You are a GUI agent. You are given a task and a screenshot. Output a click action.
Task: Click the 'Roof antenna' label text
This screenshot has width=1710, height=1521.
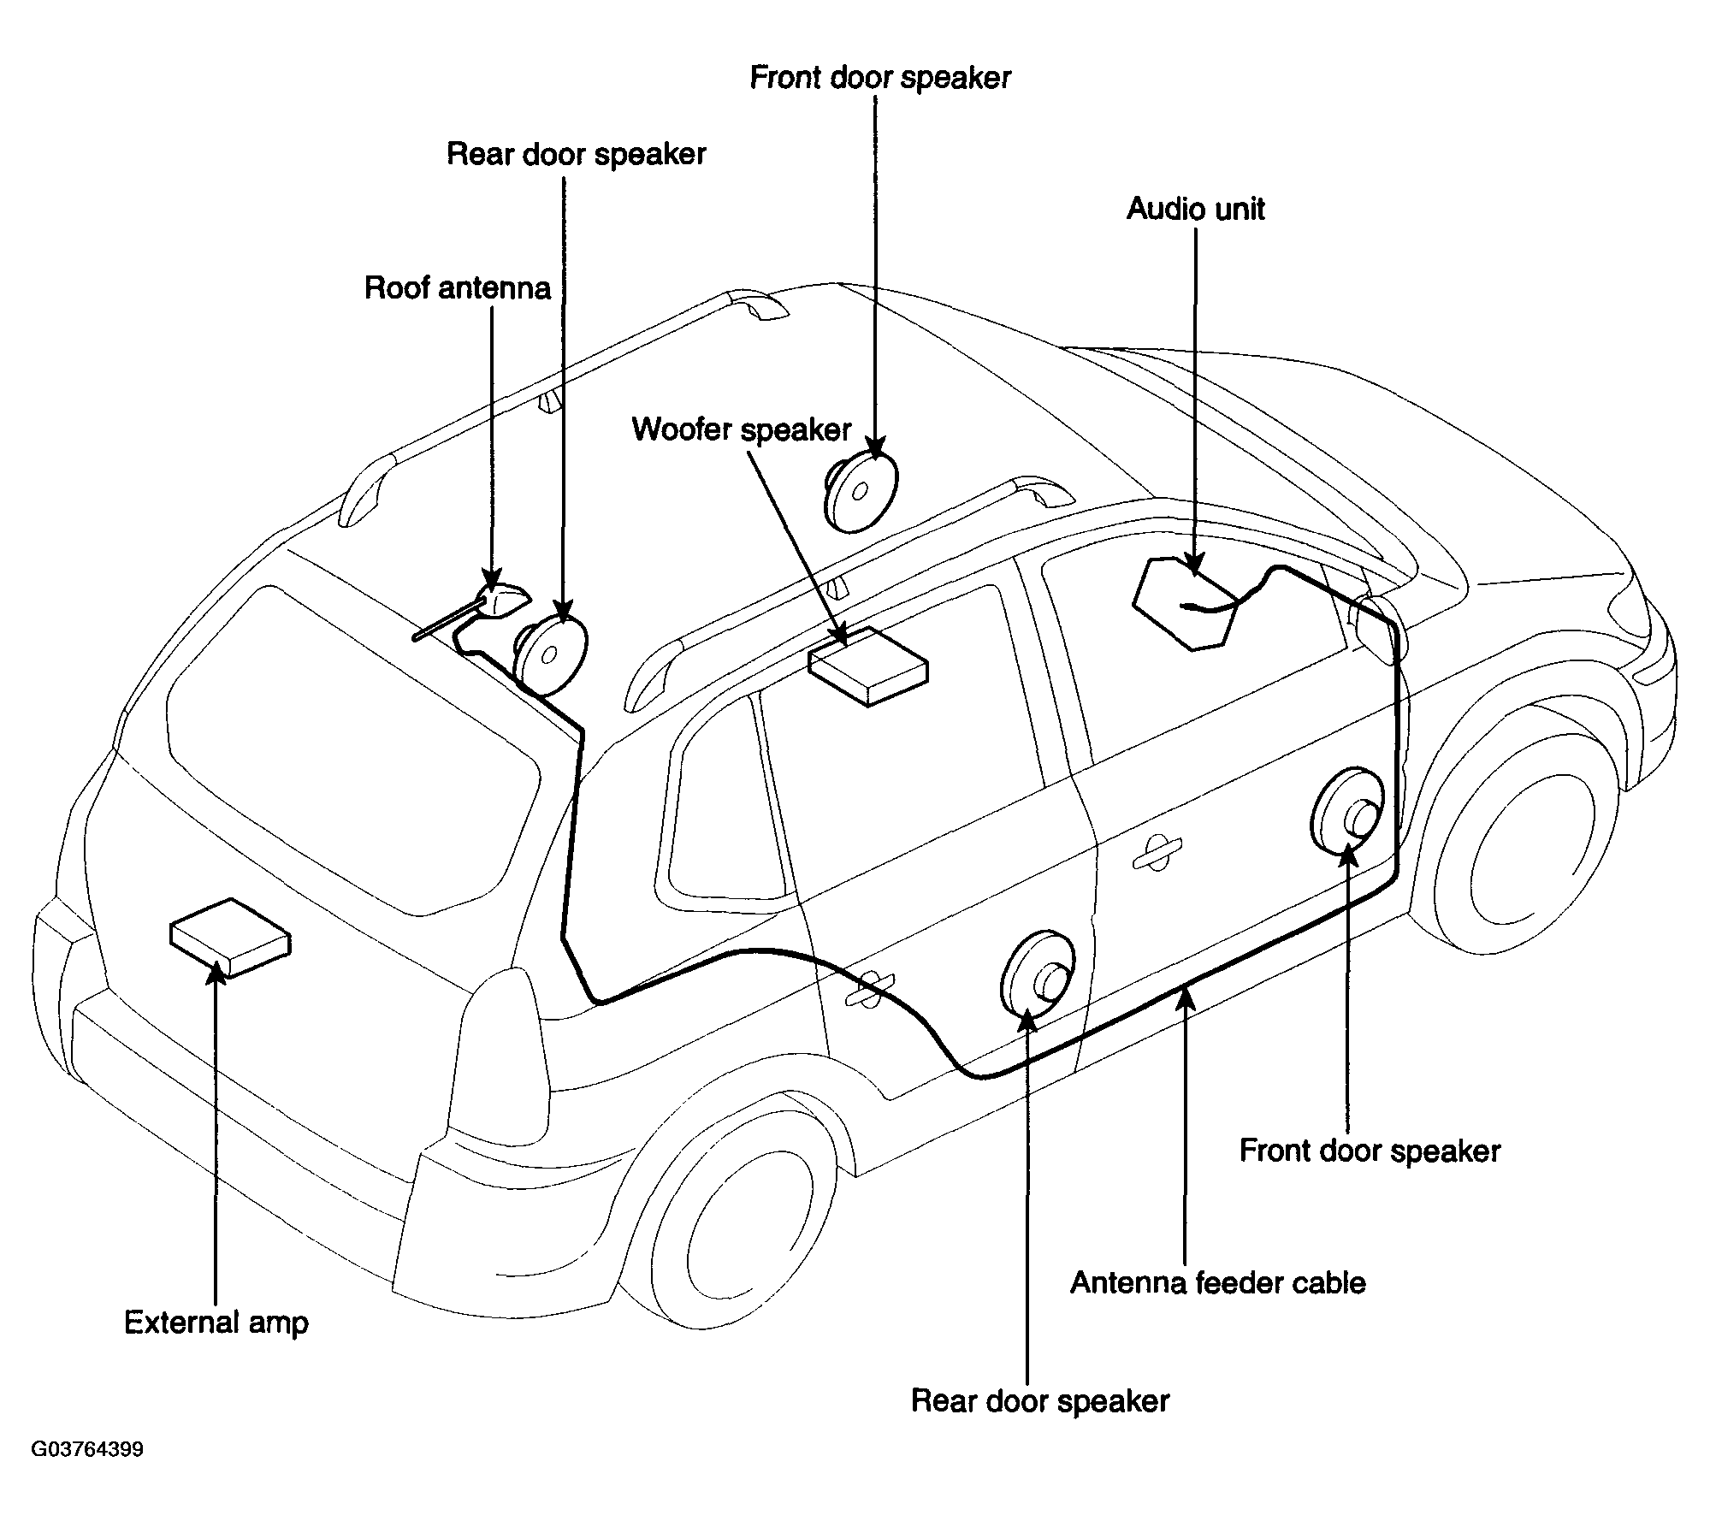coord(458,288)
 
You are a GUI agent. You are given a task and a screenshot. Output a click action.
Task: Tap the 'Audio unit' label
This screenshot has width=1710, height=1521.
coord(1195,209)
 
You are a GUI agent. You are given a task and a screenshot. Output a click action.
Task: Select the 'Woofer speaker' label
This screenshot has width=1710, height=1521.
coord(742,429)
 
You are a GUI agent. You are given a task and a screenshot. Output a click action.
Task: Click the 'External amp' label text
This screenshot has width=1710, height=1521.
coord(216,1323)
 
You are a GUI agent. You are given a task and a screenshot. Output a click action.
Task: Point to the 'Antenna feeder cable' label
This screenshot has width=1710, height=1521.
coord(1218,1282)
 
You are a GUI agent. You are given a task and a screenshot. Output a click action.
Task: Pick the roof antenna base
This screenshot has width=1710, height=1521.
coord(503,600)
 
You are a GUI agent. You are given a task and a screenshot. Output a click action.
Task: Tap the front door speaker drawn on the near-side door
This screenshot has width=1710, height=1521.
coord(1347,813)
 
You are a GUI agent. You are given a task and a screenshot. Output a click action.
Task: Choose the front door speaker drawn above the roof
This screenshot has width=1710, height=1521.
coord(861,491)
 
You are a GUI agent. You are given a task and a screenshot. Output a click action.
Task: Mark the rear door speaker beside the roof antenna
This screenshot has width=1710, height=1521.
coord(550,655)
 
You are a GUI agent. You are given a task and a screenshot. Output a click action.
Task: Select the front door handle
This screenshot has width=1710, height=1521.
coord(1157,850)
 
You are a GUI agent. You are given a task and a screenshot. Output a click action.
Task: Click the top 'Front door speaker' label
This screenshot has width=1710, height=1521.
coord(880,78)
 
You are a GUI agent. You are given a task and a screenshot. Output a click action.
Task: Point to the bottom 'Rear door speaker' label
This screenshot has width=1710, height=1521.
coord(1040,1400)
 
